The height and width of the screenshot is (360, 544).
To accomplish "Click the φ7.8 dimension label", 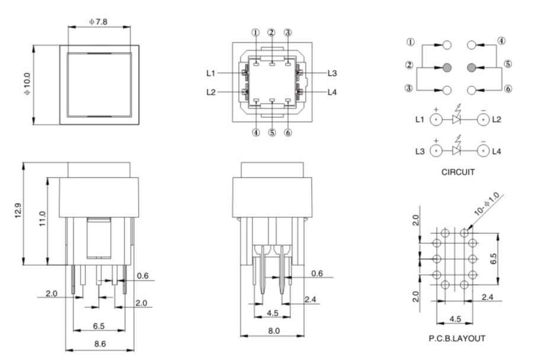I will (99, 22).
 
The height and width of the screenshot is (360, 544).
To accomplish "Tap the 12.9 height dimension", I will (18, 212).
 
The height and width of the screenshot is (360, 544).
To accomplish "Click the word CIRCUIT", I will (459, 173).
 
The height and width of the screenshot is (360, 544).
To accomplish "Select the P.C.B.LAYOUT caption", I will (456, 338).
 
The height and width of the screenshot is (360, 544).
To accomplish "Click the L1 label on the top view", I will (211, 73).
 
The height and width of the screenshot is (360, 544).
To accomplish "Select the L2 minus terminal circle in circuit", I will (484, 119).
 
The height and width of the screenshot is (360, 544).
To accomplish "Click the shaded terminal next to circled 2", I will (447, 67).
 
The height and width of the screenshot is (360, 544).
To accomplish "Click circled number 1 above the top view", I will (255, 33).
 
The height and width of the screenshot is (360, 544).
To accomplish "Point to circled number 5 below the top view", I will (271, 133).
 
